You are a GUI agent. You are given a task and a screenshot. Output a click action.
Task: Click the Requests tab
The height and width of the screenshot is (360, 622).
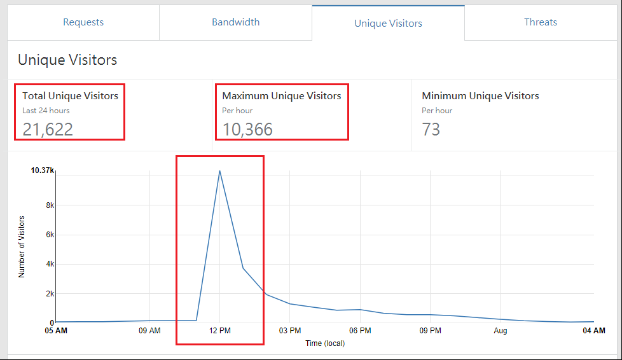[83, 22]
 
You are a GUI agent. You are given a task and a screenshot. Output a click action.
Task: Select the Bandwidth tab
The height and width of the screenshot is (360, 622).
[235, 22]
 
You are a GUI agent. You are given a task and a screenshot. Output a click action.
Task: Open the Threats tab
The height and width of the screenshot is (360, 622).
[541, 22]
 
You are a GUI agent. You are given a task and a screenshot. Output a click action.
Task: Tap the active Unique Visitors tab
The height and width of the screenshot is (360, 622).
[388, 24]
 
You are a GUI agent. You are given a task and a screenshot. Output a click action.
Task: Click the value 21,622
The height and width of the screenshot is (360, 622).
[48, 130]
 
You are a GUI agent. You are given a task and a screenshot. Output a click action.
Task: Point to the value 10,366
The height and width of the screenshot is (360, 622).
[247, 130]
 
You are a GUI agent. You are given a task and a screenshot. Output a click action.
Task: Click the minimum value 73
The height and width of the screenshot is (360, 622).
[431, 130]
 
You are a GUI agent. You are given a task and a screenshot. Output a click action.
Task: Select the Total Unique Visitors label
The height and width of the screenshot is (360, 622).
[70, 96]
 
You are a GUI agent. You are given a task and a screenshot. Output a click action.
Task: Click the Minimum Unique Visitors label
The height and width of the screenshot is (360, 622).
[480, 96]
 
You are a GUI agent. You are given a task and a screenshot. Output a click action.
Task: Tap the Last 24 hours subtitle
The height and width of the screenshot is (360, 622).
[46, 111]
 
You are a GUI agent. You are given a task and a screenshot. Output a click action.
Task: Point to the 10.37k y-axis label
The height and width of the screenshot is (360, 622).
[43, 170]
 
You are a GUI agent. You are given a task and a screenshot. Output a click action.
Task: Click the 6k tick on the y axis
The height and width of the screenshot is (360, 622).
[48, 235]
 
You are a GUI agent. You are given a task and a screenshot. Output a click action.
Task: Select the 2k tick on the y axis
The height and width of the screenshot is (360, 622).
[48, 294]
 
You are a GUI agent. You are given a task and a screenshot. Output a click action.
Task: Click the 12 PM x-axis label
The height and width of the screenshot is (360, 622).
[219, 331]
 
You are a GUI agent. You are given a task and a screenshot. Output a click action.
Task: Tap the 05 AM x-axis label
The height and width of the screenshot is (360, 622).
[56, 331]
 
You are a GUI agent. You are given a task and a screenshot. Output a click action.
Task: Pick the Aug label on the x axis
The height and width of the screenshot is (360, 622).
[501, 331]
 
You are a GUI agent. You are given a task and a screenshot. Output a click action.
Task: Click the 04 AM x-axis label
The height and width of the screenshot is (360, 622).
[594, 331]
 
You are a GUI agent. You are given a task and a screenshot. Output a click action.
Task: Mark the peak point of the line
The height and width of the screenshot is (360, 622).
[219, 170]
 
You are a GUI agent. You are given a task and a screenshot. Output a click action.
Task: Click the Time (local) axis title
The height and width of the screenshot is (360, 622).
[324, 343]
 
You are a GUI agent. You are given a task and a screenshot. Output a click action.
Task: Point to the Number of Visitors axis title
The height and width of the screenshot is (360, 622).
[22, 247]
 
